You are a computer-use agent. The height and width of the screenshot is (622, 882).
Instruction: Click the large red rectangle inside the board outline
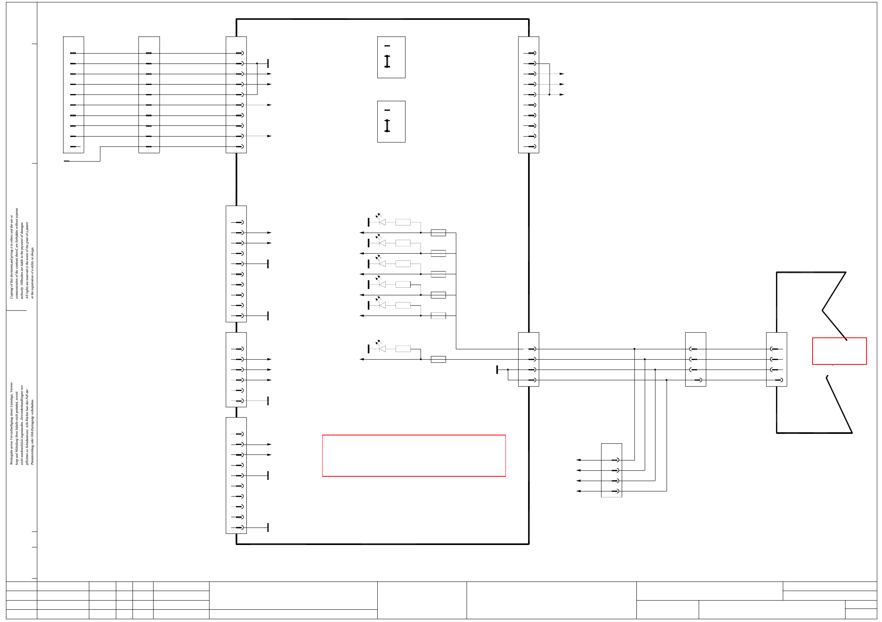[x=413, y=455]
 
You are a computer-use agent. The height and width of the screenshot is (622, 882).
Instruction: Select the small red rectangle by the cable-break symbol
[x=839, y=351]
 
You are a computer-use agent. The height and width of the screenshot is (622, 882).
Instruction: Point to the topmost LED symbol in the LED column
[x=382, y=221]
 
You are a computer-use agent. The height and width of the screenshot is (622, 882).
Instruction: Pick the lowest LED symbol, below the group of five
[x=382, y=348]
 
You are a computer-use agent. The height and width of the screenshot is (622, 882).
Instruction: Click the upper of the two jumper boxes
[x=391, y=57]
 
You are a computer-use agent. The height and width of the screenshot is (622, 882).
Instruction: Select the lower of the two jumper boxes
[x=391, y=121]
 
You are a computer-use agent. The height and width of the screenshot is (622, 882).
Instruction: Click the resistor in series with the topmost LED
[x=403, y=222]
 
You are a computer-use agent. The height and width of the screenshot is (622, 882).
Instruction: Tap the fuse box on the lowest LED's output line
[x=438, y=359]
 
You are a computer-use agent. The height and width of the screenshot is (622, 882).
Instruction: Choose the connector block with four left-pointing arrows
[x=611, y=470]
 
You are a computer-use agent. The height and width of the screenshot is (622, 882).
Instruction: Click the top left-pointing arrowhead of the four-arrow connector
[x=578, y=460]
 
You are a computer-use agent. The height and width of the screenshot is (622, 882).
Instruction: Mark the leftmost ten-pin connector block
[x=73, y=94]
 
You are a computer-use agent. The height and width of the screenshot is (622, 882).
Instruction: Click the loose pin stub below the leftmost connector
[x=67, y=161]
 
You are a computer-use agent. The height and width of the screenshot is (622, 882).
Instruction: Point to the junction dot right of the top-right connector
[x=550, y=94]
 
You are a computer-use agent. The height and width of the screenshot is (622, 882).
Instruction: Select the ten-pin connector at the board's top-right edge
[x=528, y=94]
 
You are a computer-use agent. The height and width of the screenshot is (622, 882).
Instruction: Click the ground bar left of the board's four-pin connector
[x=497, y=370]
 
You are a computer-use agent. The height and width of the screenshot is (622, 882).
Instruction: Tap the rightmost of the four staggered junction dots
[x=667, y=380]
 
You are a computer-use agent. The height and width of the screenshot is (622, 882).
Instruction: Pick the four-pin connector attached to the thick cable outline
[x=776, y=359]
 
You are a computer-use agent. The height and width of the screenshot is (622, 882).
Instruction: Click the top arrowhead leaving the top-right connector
[x=562, y=74]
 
